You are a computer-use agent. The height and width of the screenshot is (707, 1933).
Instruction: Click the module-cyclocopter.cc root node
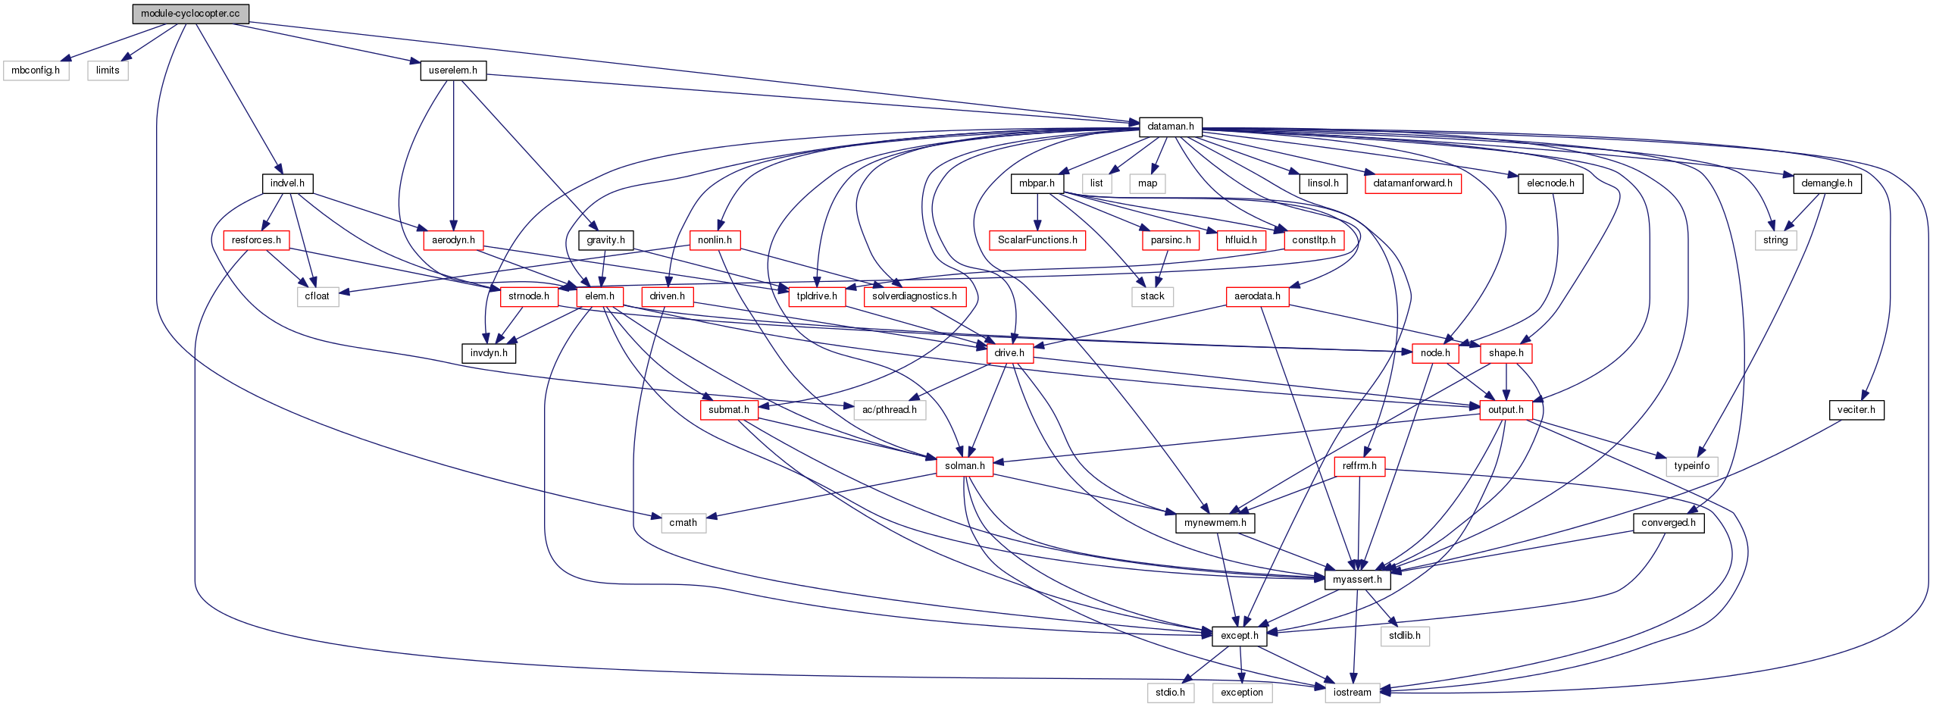[190, 14]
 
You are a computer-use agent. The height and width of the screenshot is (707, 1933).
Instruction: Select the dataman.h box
[1170, 127]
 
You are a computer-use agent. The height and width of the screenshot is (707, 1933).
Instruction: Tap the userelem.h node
[453, 70]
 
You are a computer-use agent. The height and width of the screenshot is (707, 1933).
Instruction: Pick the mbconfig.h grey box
[36, 70]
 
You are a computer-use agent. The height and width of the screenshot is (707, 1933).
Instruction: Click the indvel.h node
[287, 183]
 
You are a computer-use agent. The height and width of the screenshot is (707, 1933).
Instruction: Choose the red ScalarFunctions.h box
[1037, 240]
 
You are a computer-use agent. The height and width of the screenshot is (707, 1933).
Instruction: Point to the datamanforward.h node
[1412, 183]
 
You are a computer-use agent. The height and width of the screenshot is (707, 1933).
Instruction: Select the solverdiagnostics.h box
[914, 296]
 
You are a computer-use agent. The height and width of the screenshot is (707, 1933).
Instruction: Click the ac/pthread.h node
[889, 410]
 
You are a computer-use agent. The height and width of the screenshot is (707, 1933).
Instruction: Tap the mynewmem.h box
[1215, 523]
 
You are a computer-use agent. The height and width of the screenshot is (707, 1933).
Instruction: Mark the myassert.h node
[1357, 580]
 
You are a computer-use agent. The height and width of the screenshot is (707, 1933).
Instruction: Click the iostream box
[1352, 693]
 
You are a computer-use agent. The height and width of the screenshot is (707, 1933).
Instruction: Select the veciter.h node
[1856, 410]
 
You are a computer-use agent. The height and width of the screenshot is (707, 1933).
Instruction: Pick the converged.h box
[1668, 523]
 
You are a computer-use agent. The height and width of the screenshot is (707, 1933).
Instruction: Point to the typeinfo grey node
[1691, 466]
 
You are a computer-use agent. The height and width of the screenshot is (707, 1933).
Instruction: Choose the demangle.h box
[1826, 183]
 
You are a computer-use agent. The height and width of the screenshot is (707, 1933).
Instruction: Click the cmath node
[683, 523]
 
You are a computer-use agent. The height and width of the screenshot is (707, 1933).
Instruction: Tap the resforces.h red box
[256, 240]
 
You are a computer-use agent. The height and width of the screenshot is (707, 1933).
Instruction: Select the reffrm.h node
[1359, 466]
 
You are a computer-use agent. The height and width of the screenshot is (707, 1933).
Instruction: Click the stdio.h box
[1170, 693]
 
